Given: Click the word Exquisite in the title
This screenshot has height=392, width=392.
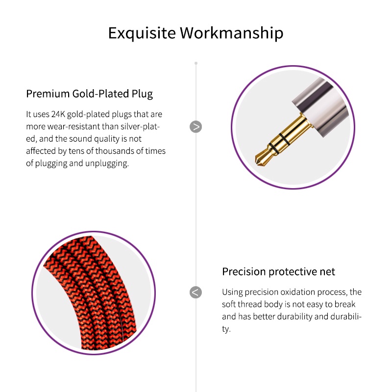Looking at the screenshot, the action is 142,33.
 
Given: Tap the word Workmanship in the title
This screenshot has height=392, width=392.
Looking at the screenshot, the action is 231,33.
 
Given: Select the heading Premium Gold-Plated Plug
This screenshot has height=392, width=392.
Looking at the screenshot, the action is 89,94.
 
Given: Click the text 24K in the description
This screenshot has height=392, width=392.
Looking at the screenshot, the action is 58,114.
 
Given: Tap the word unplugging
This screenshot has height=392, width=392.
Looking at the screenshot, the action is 107,164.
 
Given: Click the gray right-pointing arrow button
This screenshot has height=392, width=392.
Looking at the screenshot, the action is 196,127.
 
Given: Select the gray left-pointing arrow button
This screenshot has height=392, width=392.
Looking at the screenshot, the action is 196,292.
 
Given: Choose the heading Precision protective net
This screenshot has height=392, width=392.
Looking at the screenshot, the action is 278,272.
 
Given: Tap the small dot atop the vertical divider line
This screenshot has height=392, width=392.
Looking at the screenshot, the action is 196,63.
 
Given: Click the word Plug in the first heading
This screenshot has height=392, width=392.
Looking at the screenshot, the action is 142,94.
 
